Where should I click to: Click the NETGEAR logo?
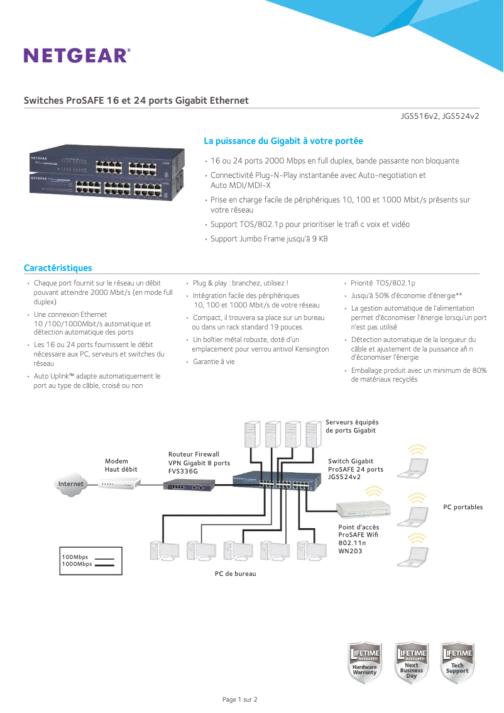tap(77, 55)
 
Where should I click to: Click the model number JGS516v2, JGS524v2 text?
tap(440, 116)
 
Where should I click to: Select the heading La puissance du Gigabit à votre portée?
tap(283, 141)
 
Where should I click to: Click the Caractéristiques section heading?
tap(58, 268)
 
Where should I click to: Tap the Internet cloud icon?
tap(70, 484)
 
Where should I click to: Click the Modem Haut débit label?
tap(121, 465)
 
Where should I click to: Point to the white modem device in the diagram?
tap(119, 484)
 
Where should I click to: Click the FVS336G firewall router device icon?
tap(189, 485)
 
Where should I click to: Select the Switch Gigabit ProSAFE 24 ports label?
tap(355, 469)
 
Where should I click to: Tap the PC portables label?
tap(463, 507)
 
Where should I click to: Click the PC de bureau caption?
tap(235, 573)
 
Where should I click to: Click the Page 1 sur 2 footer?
tap(240, 699)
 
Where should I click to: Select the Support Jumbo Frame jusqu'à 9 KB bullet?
tap(268, 239)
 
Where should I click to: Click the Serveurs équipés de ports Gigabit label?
tap(352, 426)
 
